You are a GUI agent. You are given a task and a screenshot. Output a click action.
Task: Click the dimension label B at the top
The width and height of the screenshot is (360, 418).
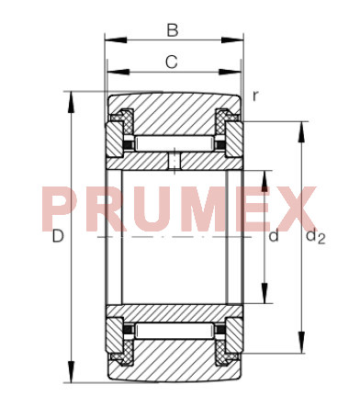173,30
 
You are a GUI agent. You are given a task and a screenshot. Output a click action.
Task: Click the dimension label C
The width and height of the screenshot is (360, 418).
172,62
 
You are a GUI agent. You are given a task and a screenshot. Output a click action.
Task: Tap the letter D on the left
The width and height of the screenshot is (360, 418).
58,236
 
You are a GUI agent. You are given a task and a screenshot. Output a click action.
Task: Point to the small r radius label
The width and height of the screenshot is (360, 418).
255,96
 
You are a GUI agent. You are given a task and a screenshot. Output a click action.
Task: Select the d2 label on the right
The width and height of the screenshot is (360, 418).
316,237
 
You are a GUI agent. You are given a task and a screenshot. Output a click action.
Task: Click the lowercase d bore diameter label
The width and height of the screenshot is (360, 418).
274,236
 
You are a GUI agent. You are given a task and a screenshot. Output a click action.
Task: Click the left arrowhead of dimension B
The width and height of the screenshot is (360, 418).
116,40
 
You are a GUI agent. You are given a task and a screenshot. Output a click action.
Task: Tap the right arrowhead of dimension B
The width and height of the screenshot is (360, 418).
232,40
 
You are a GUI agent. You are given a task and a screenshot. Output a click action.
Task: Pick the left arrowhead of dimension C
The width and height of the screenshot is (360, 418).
118,72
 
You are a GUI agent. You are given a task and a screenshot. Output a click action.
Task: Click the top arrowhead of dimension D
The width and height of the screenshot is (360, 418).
72,102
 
